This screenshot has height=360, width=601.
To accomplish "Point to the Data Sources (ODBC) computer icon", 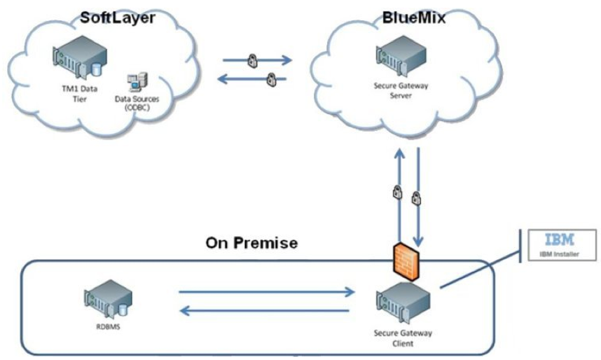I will pyautogui.click(x=137, y=83).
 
